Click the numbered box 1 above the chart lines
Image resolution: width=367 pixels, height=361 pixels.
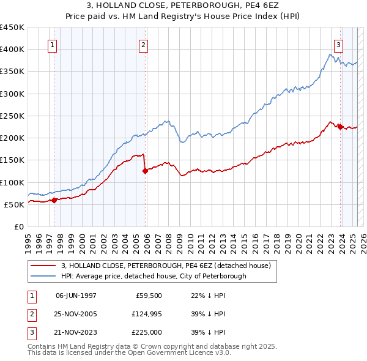(x=52, y=44)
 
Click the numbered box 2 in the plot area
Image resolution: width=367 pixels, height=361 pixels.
(x=143, y=44)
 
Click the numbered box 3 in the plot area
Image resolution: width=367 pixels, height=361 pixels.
(x=338, y=44)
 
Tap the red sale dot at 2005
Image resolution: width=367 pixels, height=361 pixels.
(x=145, y=171)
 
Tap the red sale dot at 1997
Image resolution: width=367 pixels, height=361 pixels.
(x=54, y=200)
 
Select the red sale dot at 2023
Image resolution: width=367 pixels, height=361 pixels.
(x=340, y=127)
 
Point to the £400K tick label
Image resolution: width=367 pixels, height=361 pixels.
(x=12, y=50)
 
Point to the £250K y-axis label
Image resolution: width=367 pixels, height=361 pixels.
(x=12, y=116)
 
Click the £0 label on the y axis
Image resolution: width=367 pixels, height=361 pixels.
(x=18, y=226)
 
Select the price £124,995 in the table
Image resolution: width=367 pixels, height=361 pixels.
(x=146, y=314)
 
